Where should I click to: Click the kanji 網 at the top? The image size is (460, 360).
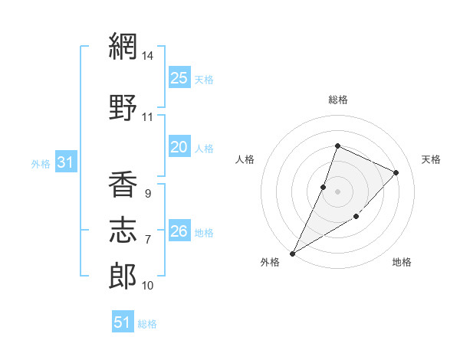[123, 46]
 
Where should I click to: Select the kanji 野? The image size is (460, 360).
[123, 107]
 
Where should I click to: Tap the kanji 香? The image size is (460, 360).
[123, 184]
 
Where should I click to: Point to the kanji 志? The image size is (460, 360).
[123, 230]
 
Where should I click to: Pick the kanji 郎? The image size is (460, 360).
[123, 277]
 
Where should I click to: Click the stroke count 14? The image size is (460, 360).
[147, 56]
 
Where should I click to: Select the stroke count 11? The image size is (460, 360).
[147, 117]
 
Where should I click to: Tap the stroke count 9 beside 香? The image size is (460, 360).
[148, 194]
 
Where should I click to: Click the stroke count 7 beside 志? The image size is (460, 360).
[148, 240]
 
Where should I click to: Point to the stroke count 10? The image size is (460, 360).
[147, 286]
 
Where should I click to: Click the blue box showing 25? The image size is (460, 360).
[179, 77]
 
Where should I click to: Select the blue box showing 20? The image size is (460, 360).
[179, 146]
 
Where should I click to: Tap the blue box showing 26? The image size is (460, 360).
[179, 230]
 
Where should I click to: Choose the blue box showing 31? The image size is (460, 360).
[66, 162]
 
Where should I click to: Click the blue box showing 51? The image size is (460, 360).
[123, 321]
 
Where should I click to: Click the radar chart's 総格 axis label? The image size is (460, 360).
[338, 100]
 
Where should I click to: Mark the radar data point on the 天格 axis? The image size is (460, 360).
[396, 172]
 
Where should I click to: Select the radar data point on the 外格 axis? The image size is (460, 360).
[292, 254]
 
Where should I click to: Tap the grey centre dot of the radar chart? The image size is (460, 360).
[337, 191]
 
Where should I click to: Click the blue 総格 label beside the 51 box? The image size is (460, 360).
[147, 324]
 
